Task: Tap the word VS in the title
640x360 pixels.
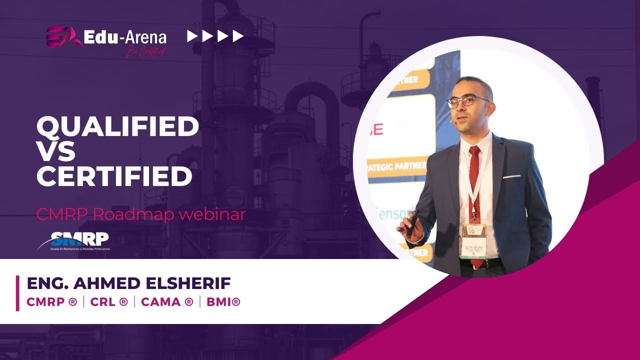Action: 56,151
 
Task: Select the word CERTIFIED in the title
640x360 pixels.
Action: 114,176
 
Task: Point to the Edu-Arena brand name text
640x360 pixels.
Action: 125,37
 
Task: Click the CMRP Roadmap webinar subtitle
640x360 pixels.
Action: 141,214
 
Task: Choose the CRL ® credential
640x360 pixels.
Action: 109,302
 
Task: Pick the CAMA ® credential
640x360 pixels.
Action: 167,302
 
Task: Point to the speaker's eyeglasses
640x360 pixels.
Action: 467,100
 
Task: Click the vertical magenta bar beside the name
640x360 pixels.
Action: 17,293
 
